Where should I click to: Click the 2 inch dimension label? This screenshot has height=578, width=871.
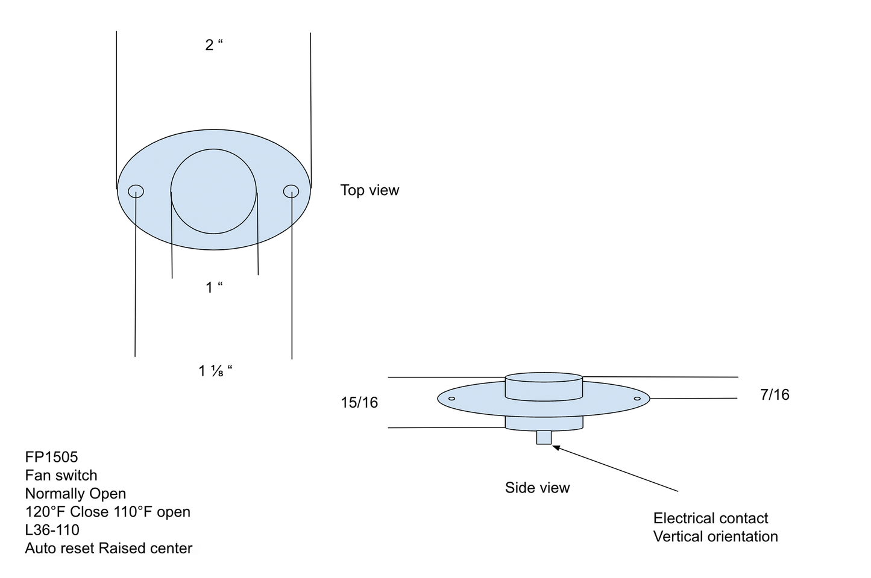[213, 45]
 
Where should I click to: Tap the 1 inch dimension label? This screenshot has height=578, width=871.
[213, 288]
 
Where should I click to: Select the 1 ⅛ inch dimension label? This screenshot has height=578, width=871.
[215, 371]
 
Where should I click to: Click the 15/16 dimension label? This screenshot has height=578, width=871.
[359, 403]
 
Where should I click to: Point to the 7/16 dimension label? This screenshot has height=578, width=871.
[775, 395]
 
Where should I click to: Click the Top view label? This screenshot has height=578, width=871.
[369, 190]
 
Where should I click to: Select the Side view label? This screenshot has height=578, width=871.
[537, 488]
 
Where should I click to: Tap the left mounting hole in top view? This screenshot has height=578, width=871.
[136, 191]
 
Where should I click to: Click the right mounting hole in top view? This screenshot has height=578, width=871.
[291, 191]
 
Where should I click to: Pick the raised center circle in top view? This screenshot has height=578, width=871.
[214, 191]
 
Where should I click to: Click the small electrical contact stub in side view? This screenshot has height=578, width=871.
[544, 437]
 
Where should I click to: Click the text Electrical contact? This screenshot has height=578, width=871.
[710, 518]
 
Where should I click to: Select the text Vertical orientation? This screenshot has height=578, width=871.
[715, 536]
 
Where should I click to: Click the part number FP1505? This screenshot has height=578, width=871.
[51, 457]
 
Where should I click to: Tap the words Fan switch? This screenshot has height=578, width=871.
[61, 476]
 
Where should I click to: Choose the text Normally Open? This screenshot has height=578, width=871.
[75, 494]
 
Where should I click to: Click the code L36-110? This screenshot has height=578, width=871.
[52, 530]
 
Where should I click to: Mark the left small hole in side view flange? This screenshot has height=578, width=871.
[451, 399]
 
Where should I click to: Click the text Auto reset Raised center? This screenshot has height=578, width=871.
[108, 548]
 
